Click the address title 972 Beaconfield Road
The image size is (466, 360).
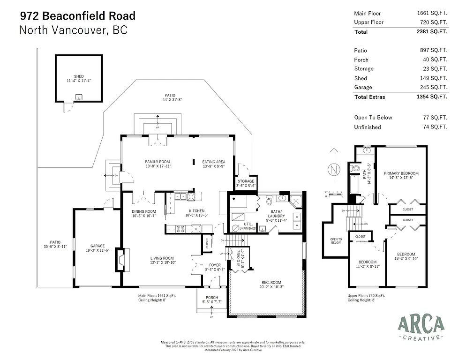77,16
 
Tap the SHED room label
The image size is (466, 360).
78,76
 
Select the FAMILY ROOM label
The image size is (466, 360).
157,162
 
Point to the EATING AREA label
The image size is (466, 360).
213,162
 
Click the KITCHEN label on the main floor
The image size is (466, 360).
196,210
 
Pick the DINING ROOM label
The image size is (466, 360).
143,211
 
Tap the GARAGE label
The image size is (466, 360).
98,246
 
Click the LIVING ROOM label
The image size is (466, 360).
162,258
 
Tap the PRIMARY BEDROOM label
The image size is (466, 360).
401,173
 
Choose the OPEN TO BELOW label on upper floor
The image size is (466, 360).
336,241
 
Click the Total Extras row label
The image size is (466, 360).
370,97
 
